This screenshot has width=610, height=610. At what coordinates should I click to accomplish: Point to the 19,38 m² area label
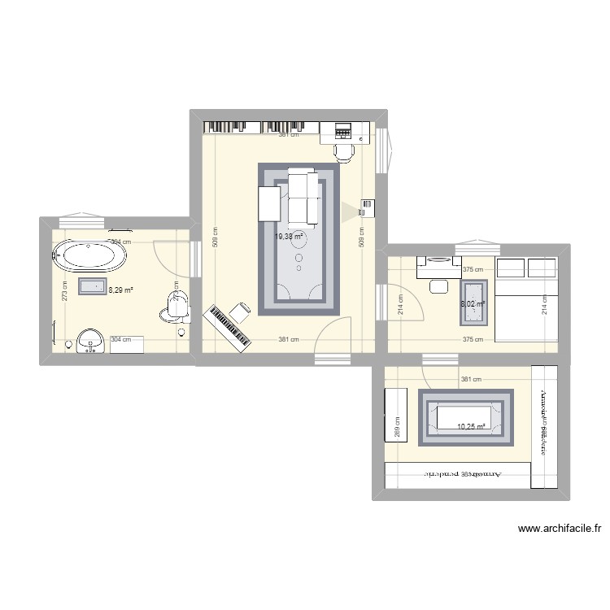point(289,237)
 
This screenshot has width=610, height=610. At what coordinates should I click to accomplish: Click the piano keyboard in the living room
point(229,328)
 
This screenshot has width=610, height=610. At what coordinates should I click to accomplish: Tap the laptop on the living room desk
point(342,130)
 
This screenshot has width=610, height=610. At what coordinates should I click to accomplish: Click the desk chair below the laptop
point(345,150)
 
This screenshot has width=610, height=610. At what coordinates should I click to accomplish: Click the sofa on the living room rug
point(302,198)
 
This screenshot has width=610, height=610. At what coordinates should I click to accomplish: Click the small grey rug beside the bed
point(474,302)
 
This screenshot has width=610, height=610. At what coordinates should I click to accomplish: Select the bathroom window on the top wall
point(81,220)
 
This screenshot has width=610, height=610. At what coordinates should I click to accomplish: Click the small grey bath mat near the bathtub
point(92,285)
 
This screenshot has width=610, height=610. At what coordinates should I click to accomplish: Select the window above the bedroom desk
point(478,246)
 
